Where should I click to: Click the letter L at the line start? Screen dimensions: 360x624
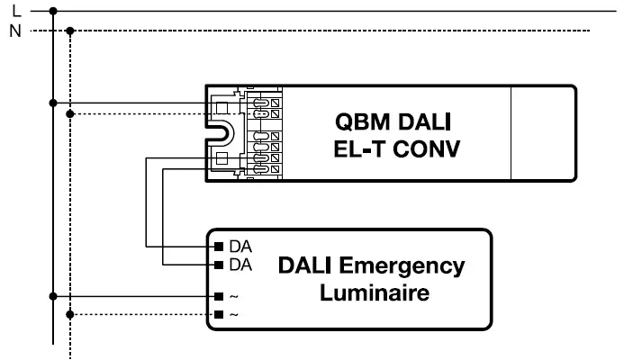pos(16,11)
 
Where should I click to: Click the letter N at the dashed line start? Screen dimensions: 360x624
pos(16,30)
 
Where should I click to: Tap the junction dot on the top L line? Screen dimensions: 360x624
pos(53,11)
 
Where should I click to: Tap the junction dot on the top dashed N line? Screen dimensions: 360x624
pos(71,30)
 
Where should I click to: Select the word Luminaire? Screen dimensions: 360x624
pos(375,293)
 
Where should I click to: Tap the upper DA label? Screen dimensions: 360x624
pos(240,246)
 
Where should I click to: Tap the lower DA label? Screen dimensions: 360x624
pos(240,265)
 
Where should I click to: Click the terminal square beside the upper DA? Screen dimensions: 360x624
pos(217,246)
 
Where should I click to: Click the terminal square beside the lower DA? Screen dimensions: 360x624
pos(217,265)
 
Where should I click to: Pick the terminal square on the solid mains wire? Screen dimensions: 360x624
pos(217,296)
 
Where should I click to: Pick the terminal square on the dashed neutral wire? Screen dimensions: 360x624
pos(217,314)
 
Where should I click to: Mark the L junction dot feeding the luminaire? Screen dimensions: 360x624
pos(53,296)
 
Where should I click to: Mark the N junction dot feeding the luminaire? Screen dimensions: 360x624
pos(71,314)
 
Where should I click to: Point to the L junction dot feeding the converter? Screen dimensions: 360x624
pos(53,103)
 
